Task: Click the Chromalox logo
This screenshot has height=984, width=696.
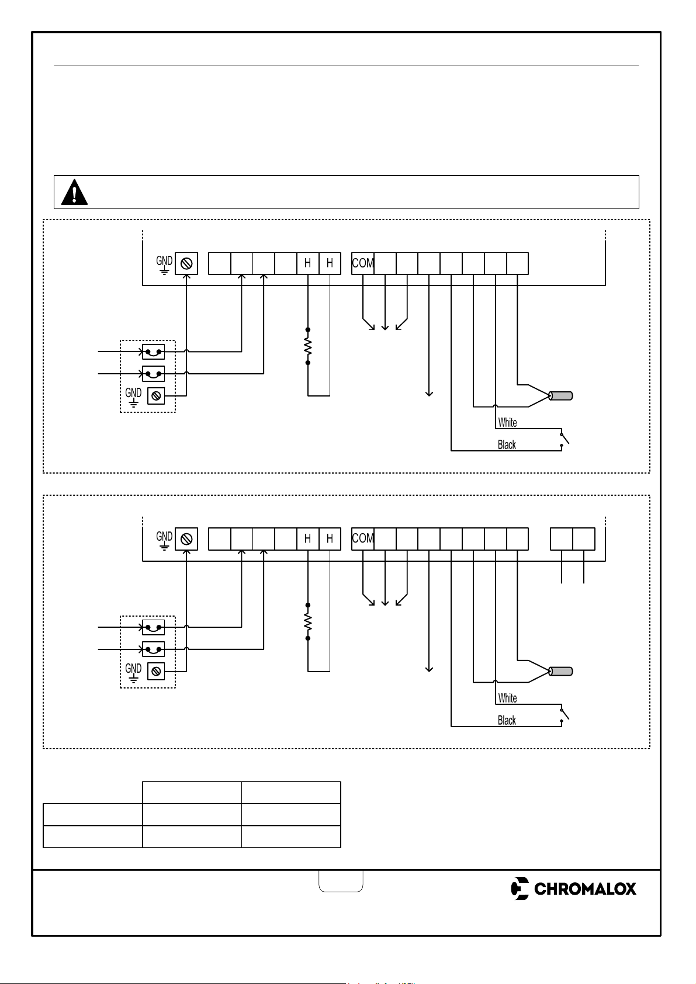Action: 573,889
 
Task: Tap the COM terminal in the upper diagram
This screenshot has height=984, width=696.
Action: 363,263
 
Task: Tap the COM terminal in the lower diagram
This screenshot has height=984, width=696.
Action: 363,538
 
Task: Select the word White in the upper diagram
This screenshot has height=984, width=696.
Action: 507,423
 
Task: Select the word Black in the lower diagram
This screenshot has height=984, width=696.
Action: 507,721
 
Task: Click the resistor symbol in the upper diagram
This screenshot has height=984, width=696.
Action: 308,346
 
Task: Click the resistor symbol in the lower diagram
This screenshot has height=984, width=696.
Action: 308,621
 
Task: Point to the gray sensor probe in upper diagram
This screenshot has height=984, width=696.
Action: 561,396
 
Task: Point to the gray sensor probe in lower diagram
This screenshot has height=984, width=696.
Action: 561,671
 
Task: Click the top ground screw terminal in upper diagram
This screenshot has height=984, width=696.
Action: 186,263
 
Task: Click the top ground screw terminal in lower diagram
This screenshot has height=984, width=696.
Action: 186,539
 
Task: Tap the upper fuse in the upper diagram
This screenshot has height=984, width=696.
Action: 154,352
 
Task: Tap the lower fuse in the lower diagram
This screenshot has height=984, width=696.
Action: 154,649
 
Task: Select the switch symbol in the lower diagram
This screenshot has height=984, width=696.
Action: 564,715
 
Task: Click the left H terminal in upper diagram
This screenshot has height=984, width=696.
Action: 308,263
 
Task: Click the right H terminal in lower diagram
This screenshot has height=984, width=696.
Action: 330,538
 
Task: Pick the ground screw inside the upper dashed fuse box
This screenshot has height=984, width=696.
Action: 155,396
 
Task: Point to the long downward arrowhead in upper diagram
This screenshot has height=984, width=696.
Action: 429,394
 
